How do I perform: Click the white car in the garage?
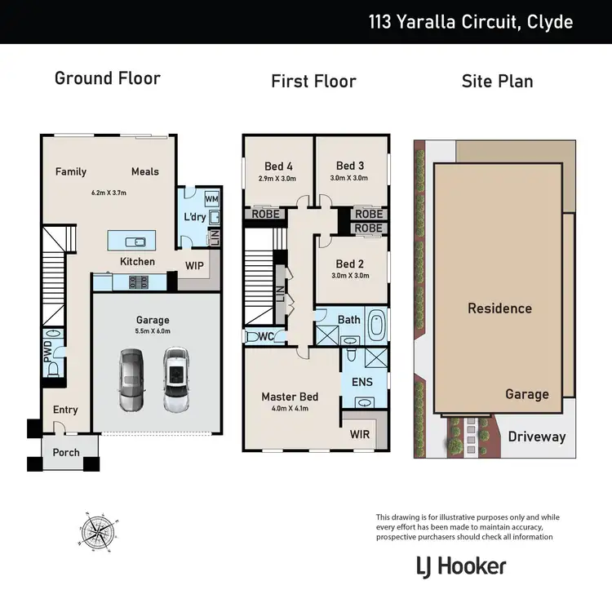pyautogui.click(x=175, y=379)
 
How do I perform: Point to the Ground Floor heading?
pyautogui.click(x=107, y=78)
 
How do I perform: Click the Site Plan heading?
pyautogui.click(x=497, y=81)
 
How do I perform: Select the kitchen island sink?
pyautogui.click(x=135, y=242)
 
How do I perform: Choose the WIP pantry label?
pyautogui.click(x=194, y=266)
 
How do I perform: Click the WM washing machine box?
pyautogui.click(x=211, y=199)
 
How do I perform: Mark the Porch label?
pyautogui.click(x=66, y=452)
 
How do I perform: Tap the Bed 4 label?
pyautogui.click(x=279, y=166)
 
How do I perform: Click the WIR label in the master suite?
pyautogui.click(x=359, y=434)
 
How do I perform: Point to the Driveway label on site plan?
pyautogui.click(x=536, y=437)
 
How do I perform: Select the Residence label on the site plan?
pyautogui.click(x=499, y=308)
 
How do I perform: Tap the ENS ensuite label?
pyautogui.click(x=361, y=380)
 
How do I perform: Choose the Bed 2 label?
pyautogui.click(x=349, y=264)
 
